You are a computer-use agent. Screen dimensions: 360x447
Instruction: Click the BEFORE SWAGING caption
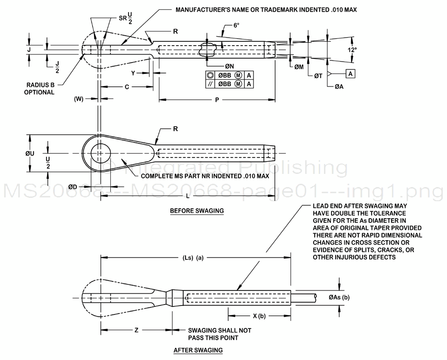click(197, 211)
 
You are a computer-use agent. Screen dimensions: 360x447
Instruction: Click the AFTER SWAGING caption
click(198, 350)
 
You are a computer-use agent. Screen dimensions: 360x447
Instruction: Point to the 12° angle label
click(352, 49)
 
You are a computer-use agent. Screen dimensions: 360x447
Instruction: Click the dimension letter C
click(127, 87)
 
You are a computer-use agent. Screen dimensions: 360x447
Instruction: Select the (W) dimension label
click(79, 99)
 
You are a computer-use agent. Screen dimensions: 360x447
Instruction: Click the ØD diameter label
click(73, 187)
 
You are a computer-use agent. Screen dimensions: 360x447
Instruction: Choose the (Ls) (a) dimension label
click(193, 257)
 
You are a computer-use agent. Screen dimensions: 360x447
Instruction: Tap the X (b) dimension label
click(258, 316)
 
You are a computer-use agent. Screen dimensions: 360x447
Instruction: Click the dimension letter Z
click(136, 330)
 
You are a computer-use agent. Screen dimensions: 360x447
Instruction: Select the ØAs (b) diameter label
click(339, 297)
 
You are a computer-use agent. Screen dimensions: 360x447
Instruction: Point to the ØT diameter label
click(317, 76)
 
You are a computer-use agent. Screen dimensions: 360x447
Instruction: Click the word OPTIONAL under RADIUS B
click(39, 92)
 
